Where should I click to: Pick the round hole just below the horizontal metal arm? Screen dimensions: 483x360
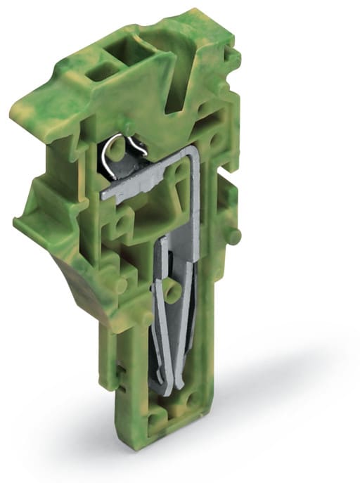[124, 225]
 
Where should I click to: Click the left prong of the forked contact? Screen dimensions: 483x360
[160, 316]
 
